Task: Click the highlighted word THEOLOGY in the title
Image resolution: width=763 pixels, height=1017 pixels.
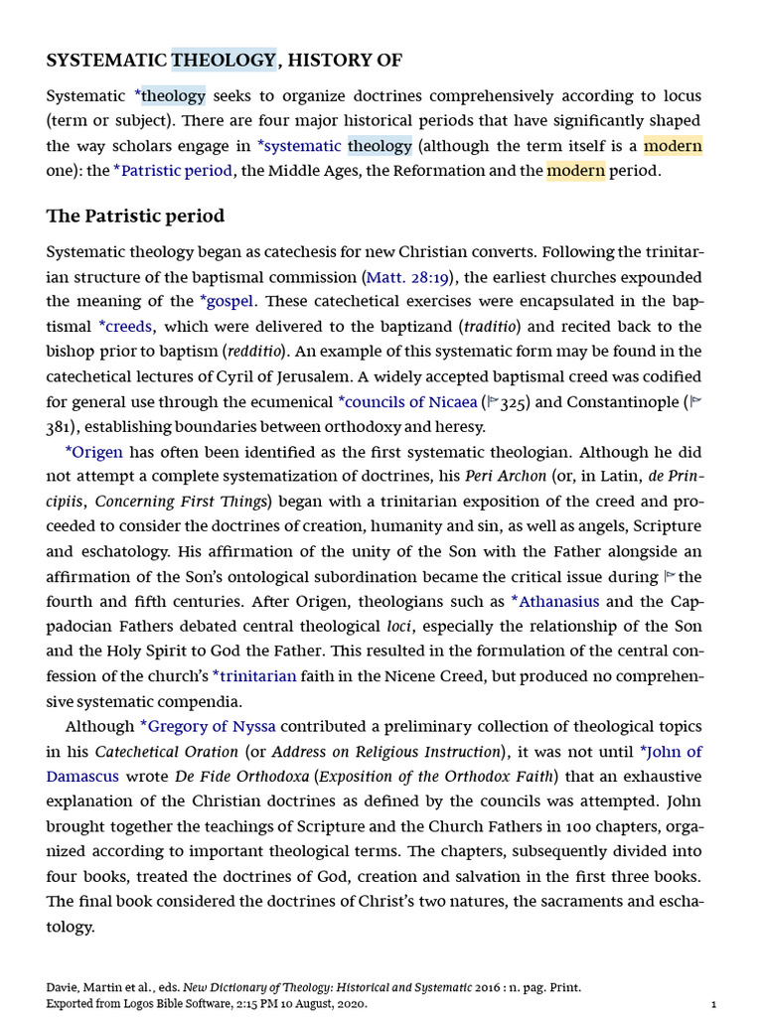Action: (224, 61)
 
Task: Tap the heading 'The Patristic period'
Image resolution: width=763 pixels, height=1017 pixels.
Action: (135, 216)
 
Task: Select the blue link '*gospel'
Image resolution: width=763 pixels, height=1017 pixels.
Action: (227, 301)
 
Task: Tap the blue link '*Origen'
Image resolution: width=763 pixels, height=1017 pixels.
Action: (93, 452)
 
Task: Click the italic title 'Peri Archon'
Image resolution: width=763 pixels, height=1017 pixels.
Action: (506, 476)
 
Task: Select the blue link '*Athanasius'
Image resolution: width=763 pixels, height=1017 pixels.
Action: (554, 601)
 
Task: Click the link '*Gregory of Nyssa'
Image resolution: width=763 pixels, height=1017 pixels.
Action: (208, 726)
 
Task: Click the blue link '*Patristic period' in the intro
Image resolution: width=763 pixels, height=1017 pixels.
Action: (173, 170)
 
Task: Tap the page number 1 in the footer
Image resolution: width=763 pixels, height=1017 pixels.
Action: (713, 1004)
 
